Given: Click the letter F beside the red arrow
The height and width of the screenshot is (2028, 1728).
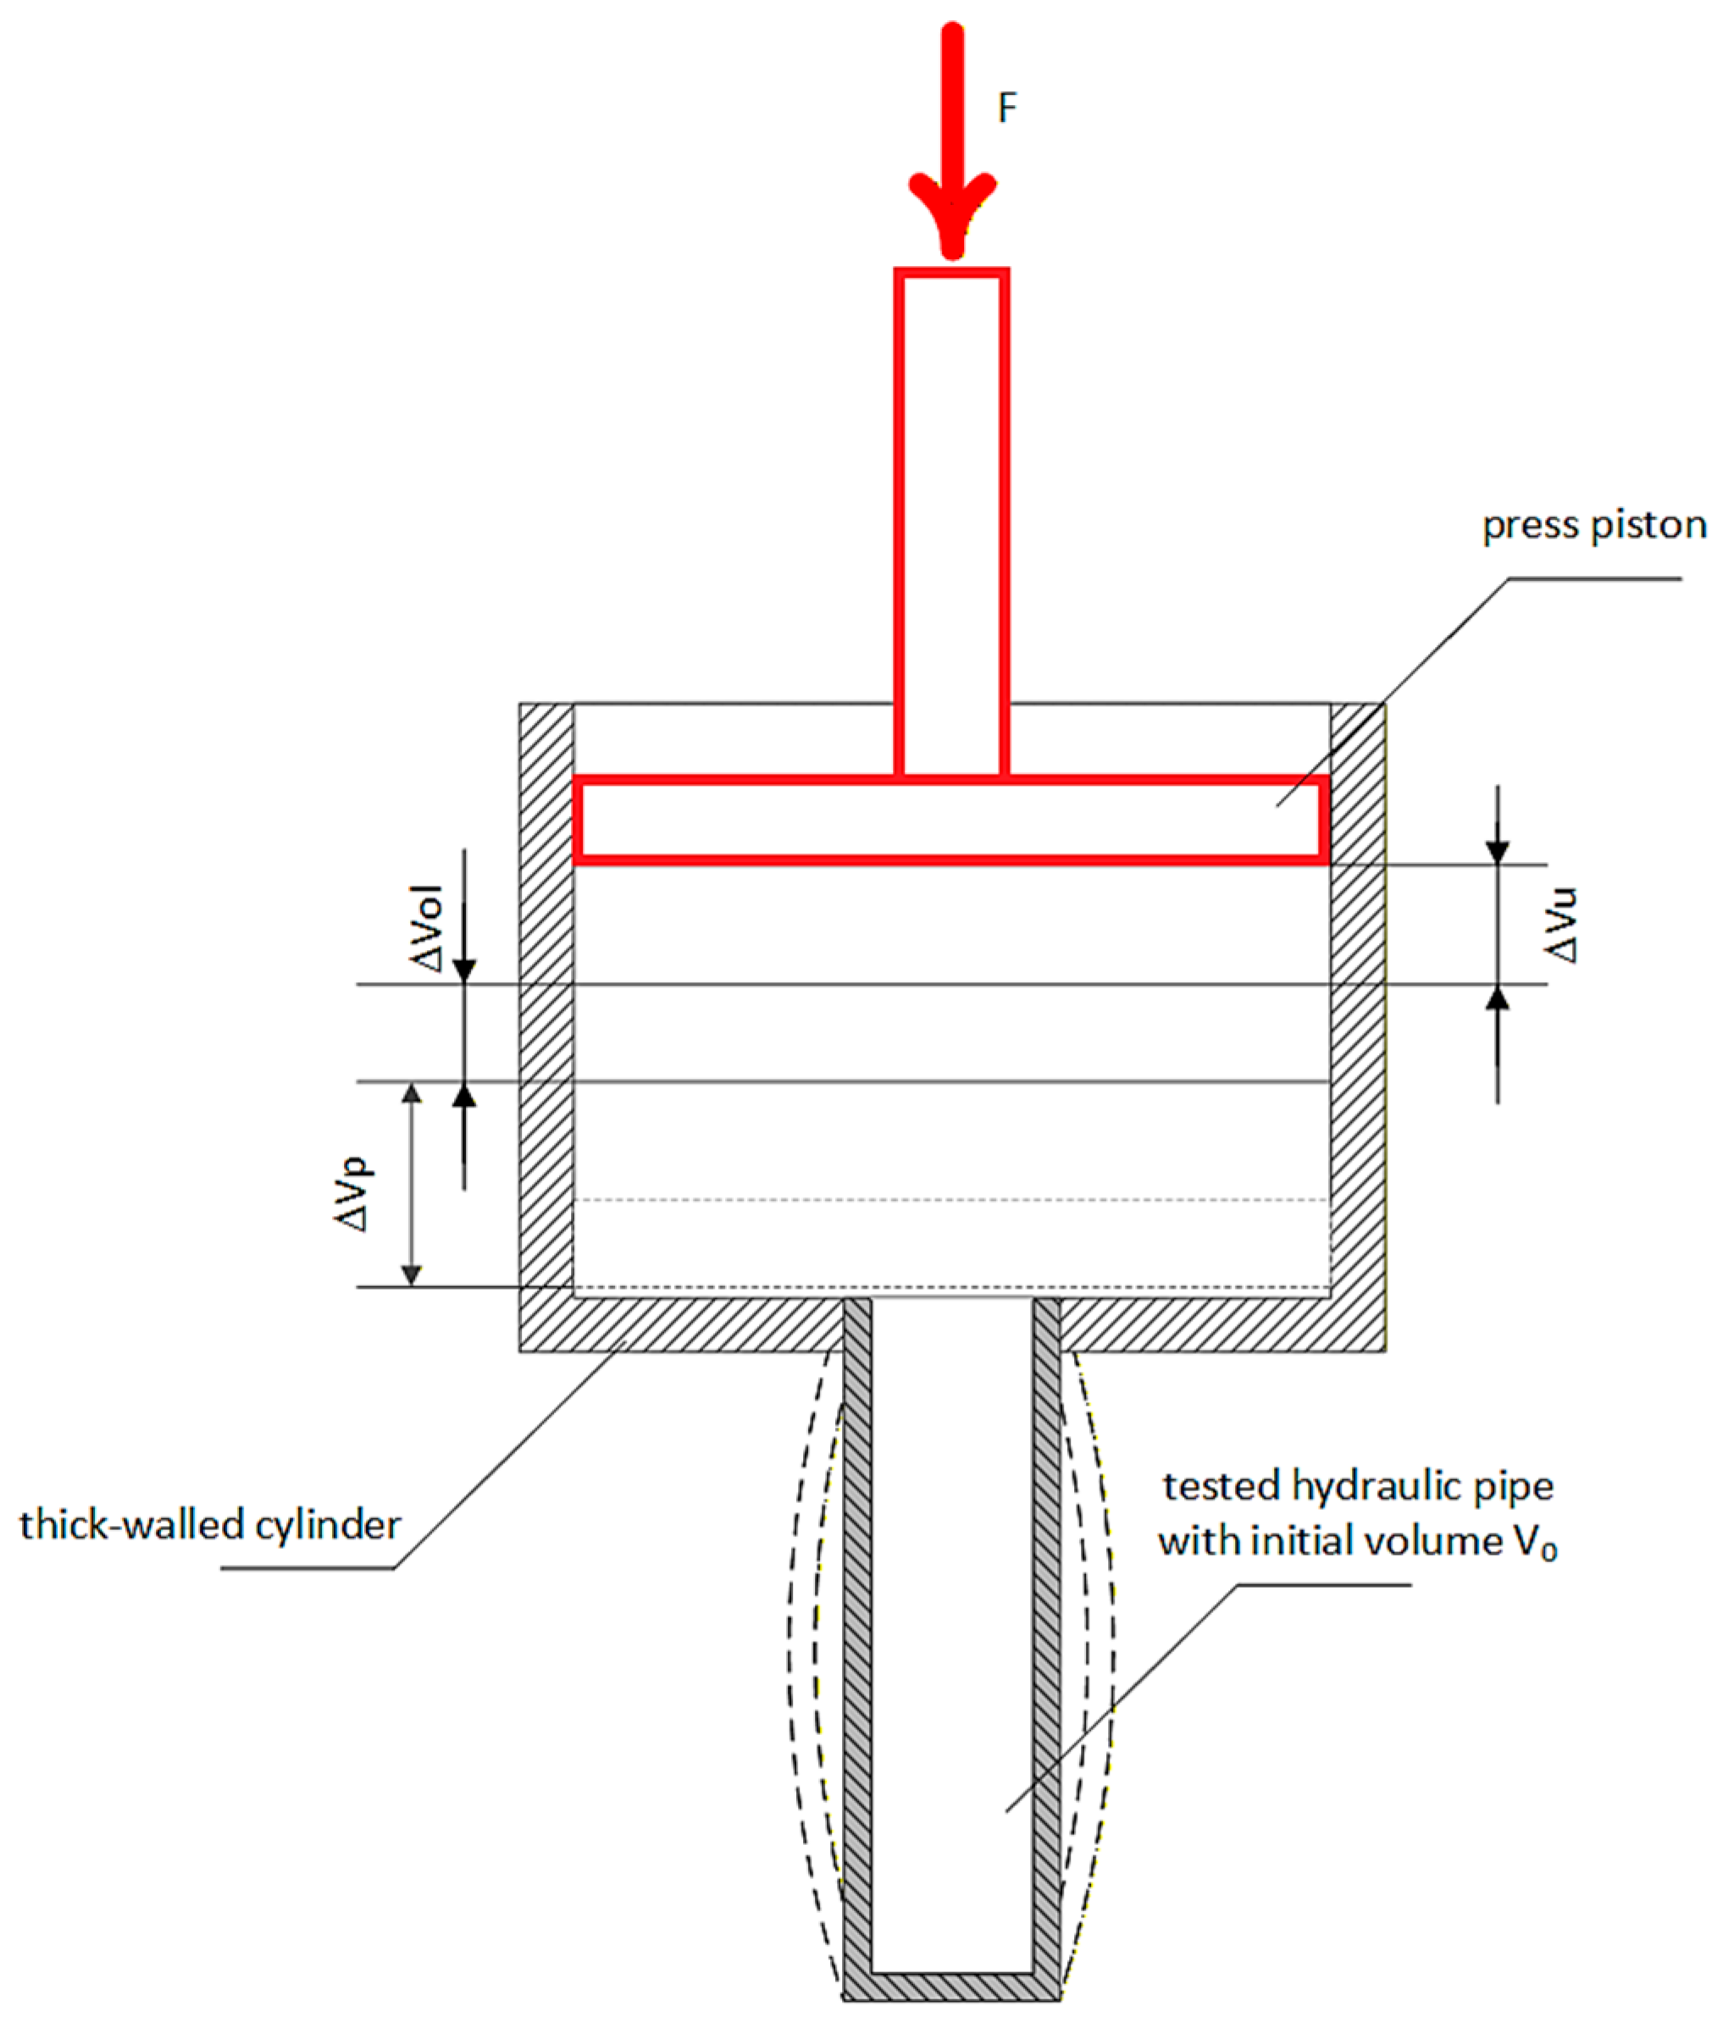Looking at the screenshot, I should pos(1006,108).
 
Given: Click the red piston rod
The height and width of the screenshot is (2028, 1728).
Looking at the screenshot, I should pos(951,519).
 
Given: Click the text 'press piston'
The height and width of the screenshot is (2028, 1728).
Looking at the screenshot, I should pos(1594,526).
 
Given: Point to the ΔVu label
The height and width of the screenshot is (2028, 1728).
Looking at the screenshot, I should pos(1559,925).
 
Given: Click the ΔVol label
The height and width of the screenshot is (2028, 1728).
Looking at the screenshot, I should pos(428,928).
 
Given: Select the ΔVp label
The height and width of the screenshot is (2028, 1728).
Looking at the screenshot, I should pos(351,1193).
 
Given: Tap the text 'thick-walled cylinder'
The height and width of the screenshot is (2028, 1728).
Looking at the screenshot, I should pos(209,1525).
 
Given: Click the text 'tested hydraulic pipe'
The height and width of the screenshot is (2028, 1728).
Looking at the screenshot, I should pos(1358,1486).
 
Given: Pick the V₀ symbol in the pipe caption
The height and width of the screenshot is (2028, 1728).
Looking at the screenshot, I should pos(1535,1544).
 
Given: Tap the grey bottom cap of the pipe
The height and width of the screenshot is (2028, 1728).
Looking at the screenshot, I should pos(951,1987).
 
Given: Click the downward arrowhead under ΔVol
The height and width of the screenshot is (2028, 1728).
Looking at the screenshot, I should pos(464,969).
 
